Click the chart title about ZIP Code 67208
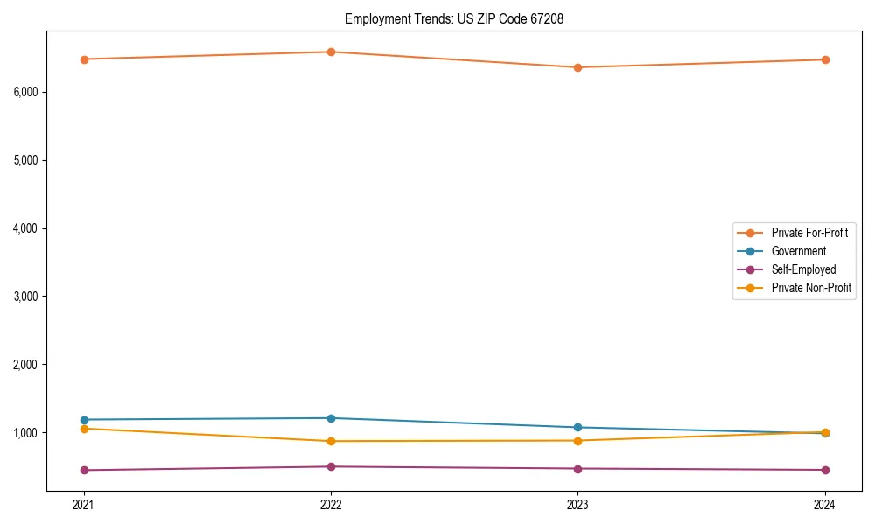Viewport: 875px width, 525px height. pyautogui.click(x=448, y=18)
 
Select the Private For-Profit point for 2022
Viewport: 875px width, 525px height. pyautogui.click(x=331, y=52)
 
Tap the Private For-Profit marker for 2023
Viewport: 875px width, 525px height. pyautogui.click(x=577, y=67)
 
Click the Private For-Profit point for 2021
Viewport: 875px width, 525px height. pyautogui.click(x=84, y=59)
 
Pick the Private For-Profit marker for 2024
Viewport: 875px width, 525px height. pyautogui.click(x=824, y=59)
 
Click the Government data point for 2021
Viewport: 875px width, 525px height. pyautogui.click(x=84, y=420)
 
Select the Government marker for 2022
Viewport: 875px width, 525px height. pyautogui.click(x=331, y=418)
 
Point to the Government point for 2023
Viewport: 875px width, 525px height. pyautogui.click(x=577, y=428)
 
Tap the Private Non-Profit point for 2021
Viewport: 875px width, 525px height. pyautogui.click(x=84, y=429)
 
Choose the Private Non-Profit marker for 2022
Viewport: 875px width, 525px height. pyautogui.click(x=331, y=441)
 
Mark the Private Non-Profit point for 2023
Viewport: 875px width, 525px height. pyautogui.click(x=577, y=441)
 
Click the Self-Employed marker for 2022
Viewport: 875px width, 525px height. pyautogui.click(x=331, y=466)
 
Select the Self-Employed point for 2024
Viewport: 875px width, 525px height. pyautogui.click(x=824, y=470)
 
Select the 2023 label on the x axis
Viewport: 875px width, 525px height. pyautogui.click(x=577, y=505)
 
